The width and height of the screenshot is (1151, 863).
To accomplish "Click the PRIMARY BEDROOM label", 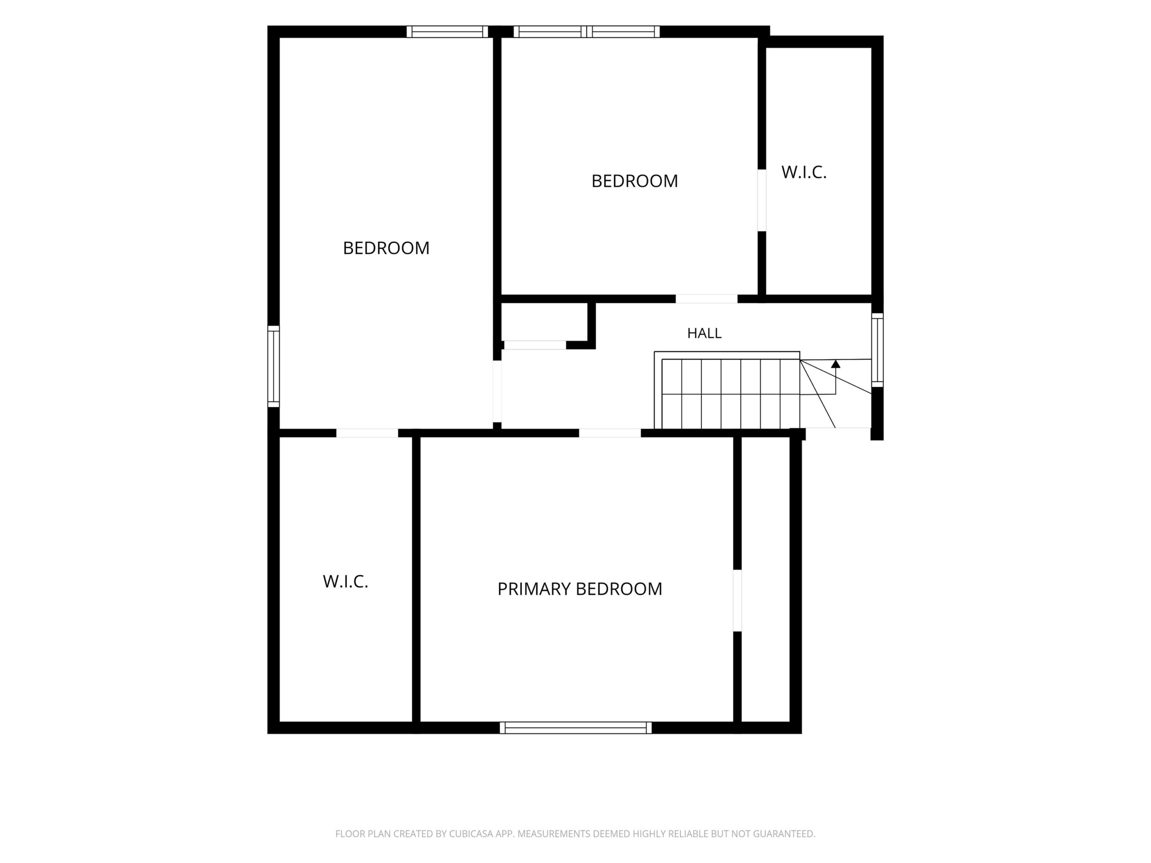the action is click(580, 589).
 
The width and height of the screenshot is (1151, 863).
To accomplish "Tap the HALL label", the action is click(704, 334).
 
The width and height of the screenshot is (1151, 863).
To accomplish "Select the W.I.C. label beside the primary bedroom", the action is click(345, 582).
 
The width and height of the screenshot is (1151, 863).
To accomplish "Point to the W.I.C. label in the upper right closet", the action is click(804, 172).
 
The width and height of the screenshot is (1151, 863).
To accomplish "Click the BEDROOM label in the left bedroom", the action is click(386, 248).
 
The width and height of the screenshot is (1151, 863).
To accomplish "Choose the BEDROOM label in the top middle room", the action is click(634, 181).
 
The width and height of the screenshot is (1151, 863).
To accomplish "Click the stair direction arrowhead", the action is click(836, 364).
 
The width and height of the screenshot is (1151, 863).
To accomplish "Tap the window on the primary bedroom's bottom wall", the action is click(575, 728).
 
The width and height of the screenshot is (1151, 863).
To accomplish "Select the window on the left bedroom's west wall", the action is click(274, 366).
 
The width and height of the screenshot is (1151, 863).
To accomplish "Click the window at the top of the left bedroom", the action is click(447, 32).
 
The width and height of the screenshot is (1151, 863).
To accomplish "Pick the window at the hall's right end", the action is click(877, 350).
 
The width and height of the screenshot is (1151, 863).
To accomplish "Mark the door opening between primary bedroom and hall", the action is click(610, 433).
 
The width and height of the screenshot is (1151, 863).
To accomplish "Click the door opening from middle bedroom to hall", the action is click(707, 298).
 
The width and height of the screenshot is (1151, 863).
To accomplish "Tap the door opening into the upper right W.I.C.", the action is click(762, 200).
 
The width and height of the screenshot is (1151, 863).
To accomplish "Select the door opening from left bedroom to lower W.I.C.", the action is click(367, 433).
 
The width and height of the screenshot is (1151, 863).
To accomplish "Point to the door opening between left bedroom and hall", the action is click(497, 391).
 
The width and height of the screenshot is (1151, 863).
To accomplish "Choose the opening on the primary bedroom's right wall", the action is click(737, 601).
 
